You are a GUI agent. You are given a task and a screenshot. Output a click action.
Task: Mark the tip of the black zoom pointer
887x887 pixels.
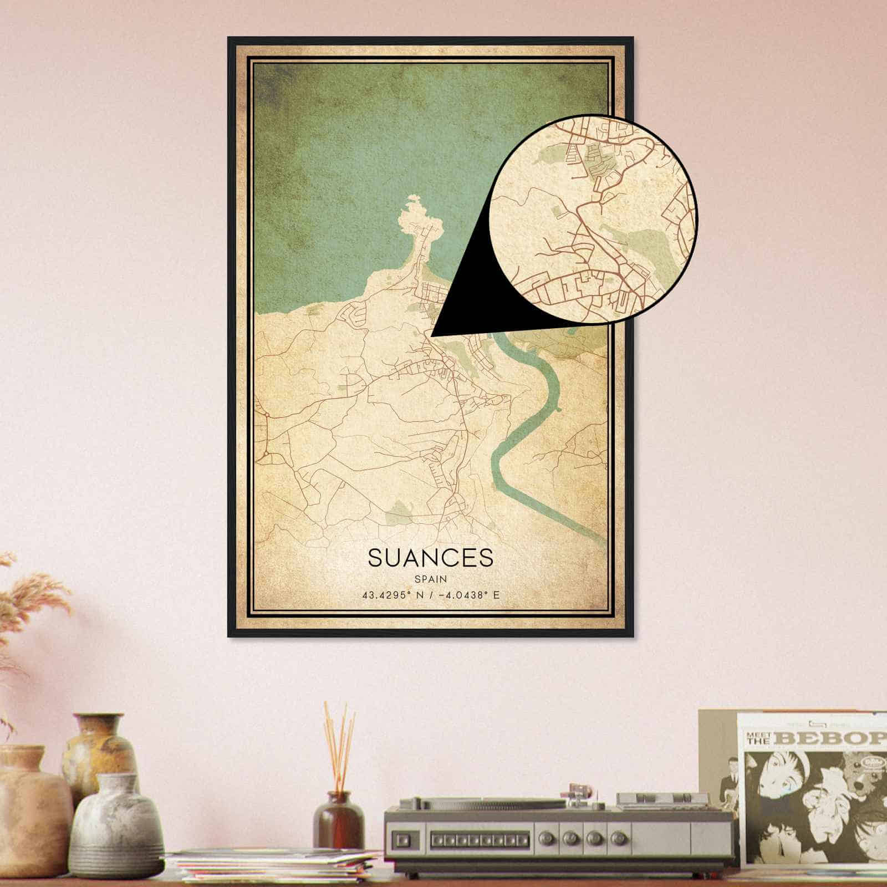[x=432, y=336]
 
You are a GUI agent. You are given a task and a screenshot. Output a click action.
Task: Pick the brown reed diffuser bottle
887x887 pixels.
[x=338, y=820]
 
